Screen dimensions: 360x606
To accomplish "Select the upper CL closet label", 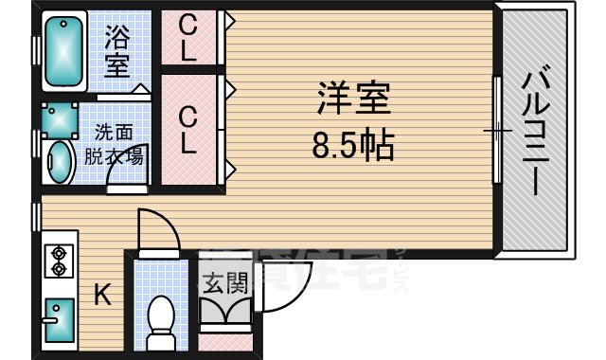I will coord(188,37).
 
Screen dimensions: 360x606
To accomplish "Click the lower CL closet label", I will coord(188,131).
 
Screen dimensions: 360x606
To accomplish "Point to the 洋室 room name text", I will coord(353,99).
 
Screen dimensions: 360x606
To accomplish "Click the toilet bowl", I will coord(162,320).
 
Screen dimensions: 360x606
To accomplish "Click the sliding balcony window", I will coord(496,128).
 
